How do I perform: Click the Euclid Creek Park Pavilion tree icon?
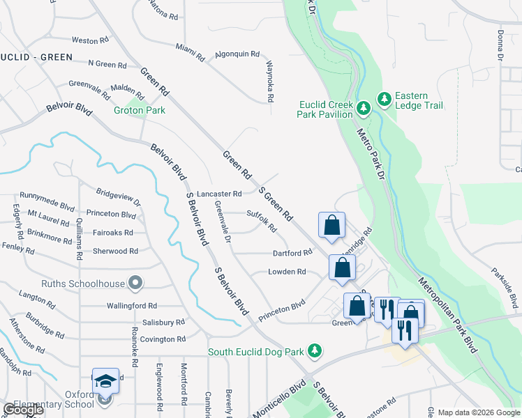tap(363, 108)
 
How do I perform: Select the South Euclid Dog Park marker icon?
tap(315, 350)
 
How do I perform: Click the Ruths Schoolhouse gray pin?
tap(136, 284)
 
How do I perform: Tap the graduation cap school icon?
tap(105, 381)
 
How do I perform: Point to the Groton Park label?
tap(140, 110)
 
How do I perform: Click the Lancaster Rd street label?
tap(219, 194)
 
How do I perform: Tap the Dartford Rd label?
tap(291, 253)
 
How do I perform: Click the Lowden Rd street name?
tap(287, 272)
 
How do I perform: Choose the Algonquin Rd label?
tap(237, 54)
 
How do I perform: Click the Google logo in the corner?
tap(24, 410)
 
